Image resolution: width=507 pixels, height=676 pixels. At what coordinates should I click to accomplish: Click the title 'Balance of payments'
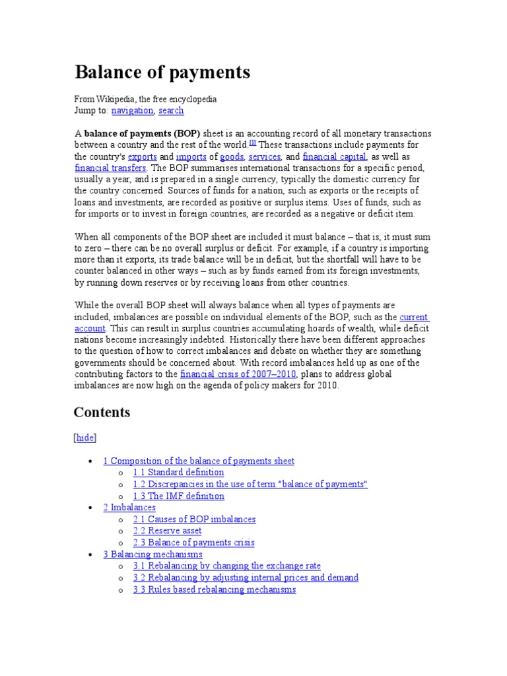pyautogui.click(x=162, y=72)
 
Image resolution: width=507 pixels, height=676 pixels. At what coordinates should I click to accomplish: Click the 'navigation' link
pyautogui.click(x=132, y=111)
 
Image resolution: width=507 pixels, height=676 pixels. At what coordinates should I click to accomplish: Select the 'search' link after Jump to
pyautogui.click(x=171, y=111)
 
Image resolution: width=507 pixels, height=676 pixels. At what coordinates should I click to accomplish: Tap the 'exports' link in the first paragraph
pyautogui.click(x=142, y=157)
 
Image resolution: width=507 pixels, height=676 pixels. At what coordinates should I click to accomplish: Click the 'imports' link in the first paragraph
pyautogui.click(x=191, y=157)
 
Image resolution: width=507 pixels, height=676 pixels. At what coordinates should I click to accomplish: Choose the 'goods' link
pyautogui.click(x=232, y=157)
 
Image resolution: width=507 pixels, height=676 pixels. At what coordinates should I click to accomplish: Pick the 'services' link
pyautogui.click(x=265, y=157)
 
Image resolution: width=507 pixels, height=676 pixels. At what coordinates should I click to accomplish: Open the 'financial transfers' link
pyautogui.click(x=110, y=168)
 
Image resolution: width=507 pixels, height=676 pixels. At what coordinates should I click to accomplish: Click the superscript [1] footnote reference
pyautogui.click(x=253, y=143)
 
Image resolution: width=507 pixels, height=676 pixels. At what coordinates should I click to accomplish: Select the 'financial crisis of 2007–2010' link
pyautogui.click(x=238, y=374)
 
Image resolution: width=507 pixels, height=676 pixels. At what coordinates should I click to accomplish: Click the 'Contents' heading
pyautogui.click(x=102, y=413)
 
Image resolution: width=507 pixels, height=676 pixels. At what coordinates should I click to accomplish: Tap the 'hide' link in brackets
pyautogui.click(x=85, y=438)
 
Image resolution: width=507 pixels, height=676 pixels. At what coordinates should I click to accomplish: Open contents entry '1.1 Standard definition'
pyautogui.click(x=178, y=473)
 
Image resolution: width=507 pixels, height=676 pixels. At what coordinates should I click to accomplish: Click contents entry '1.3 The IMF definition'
pyautogui.click(x=178, y=496)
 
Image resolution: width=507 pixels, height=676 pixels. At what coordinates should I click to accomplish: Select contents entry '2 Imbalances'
pyautogui.click(x=129, y=508)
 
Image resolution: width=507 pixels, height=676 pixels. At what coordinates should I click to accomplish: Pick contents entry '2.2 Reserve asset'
pyautogui.click(x=167, y=531)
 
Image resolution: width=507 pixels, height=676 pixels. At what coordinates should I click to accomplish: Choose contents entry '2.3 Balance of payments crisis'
pyautogui.click(x=193, y=543)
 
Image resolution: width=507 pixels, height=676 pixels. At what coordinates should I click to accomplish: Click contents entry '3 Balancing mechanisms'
pyautogui.click(x=152, y=555)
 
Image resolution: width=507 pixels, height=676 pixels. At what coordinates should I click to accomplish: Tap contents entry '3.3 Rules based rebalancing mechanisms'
pyautogui.click(x=214, y=590)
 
